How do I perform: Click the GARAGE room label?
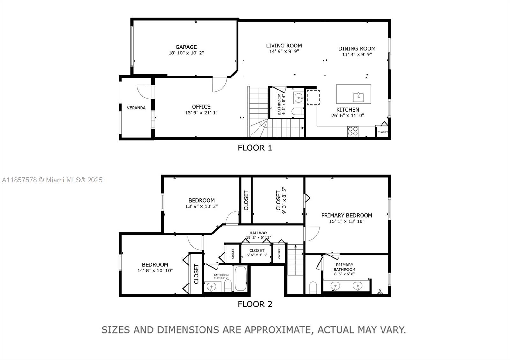point(186,47)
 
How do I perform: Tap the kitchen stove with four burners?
point(353,131)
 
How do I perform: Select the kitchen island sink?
point(359,97)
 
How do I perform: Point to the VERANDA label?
point(136,108)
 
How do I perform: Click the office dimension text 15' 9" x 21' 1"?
point(201,113)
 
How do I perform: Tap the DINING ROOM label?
point(357,49)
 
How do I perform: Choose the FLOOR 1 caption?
point(255,148)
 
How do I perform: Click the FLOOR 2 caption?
point(255,304)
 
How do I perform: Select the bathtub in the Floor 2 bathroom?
point(241,279)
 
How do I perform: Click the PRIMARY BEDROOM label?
point(346,215)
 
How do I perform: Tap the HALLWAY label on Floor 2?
point(258,233)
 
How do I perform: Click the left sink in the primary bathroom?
point(335,286)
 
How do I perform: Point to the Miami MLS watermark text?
point(52,180)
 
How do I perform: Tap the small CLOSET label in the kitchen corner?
point(382,132)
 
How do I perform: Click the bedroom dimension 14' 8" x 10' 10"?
point(155,271)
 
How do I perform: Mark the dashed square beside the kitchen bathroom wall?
point(313,97)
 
